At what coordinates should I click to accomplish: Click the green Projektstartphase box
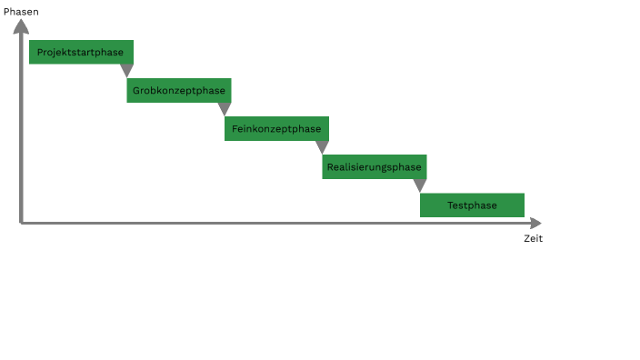coord(82,52)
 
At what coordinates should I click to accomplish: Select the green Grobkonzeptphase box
coord(179,90)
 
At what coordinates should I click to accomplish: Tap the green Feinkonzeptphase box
coord(276,128)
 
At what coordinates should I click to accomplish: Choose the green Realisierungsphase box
coord(375,166)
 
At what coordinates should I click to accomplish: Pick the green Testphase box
coord(472,205)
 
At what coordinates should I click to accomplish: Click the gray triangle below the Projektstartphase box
coord(126,70)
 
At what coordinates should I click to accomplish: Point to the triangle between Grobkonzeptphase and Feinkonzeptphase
coord(225,108)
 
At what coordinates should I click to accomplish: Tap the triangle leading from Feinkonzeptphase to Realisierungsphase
coord(322,146)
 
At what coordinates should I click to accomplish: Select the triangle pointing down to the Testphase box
coord(420,185)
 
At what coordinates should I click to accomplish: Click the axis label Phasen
coord(21,11)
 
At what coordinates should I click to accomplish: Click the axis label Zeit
coord(533,238)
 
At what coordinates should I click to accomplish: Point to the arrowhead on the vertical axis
coord(21,26)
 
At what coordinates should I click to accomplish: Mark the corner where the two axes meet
coord(21,223)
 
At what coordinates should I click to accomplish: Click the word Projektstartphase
coord(80,52)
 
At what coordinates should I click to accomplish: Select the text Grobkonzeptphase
coord(179,90)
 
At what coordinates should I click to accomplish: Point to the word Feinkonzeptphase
coord(276,128)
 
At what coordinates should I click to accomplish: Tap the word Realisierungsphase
coord(375,166)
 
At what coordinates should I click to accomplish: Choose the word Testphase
coord(472,205)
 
